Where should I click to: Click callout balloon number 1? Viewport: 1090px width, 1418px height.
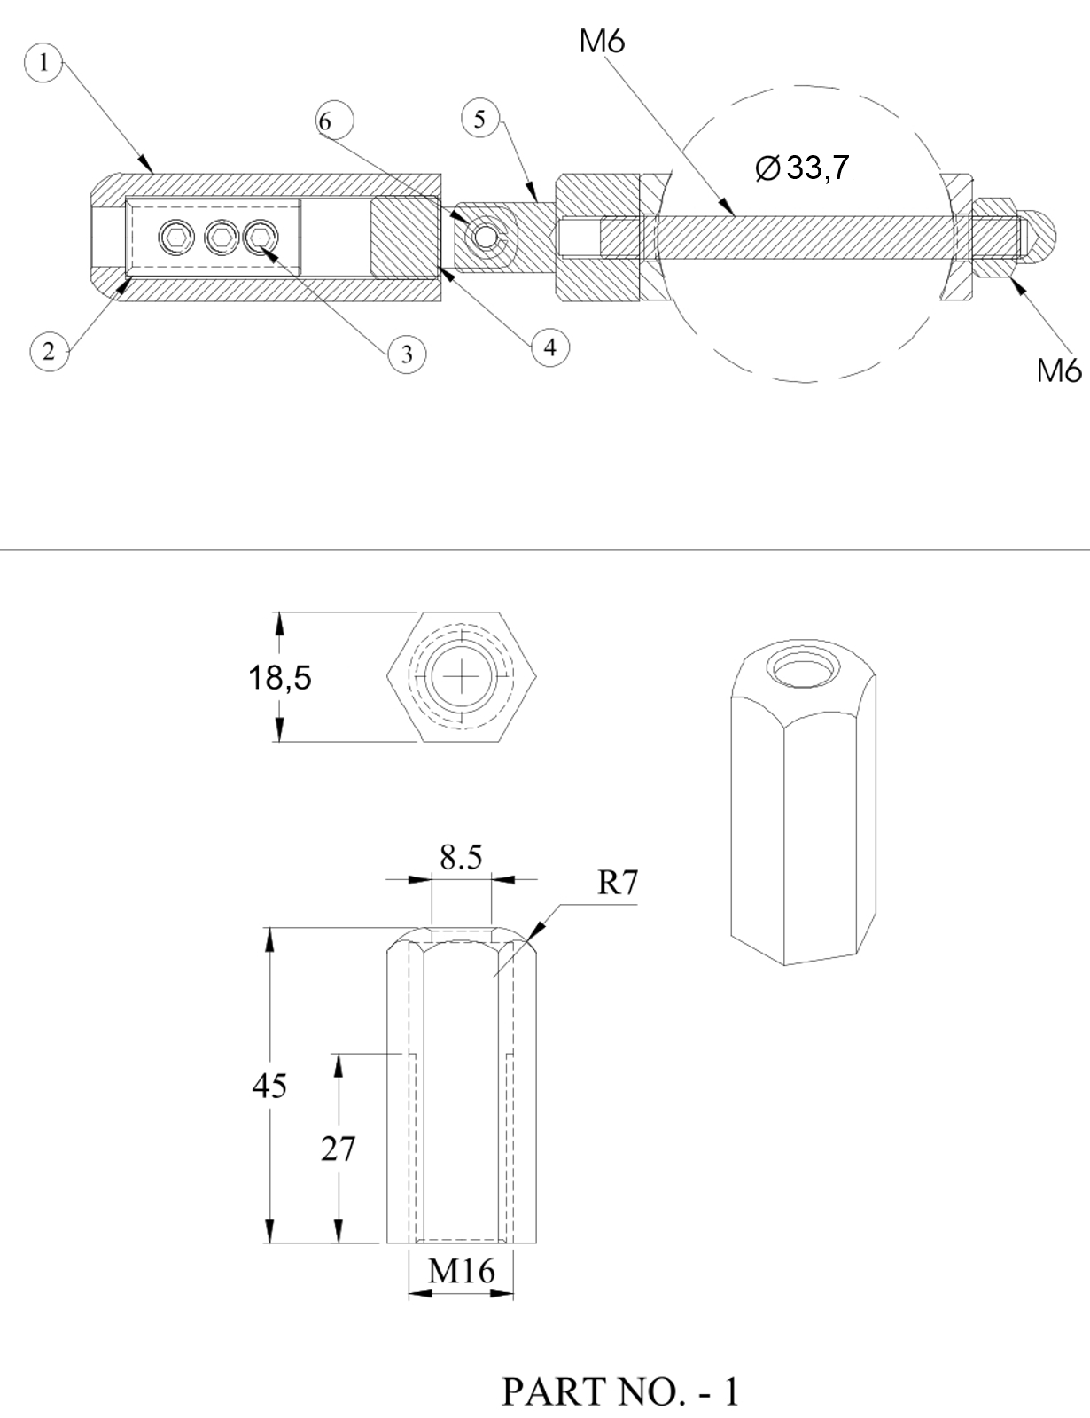[43, 63]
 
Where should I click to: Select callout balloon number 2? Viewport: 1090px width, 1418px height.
[50, 352]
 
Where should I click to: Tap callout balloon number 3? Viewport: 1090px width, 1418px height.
[407, 354]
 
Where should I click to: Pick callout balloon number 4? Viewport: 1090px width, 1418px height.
[550, 347]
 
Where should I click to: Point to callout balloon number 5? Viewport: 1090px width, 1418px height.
[480, 119]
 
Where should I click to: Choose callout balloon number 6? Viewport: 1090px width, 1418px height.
[335, 121]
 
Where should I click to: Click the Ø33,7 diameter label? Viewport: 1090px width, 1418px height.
[802, 168]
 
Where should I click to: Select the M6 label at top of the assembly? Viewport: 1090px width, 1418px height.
[602, 41]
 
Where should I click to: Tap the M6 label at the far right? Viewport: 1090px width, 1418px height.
[1059, 370]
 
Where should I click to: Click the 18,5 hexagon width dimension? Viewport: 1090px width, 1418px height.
[280, 677]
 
